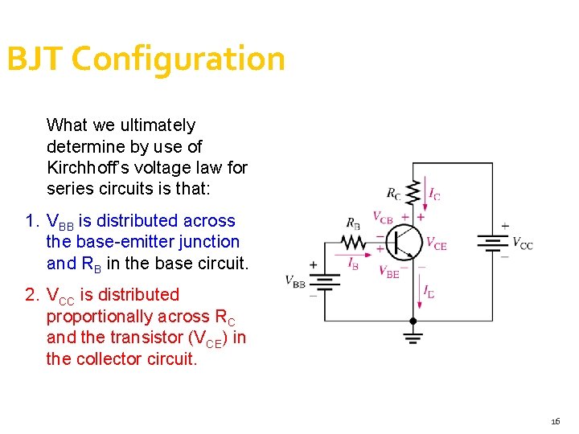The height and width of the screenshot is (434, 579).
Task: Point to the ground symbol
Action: tap(413, 337)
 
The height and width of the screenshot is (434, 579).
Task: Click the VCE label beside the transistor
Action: tap(436, 244)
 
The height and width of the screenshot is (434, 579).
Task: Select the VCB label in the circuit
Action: tap(383, 216)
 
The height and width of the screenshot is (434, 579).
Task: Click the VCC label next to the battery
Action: tap(522, 244)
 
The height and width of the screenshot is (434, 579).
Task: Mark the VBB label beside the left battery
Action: tap(295, 281)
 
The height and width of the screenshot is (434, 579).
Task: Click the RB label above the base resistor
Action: tap(353, 223)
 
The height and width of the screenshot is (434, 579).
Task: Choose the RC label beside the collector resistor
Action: tap(394, 193)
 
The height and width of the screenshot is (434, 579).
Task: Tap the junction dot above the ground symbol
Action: tap(413, 321)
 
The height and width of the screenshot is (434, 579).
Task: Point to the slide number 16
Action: tap(556, 421)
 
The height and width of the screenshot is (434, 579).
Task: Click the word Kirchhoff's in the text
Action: tap(90, 168)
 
